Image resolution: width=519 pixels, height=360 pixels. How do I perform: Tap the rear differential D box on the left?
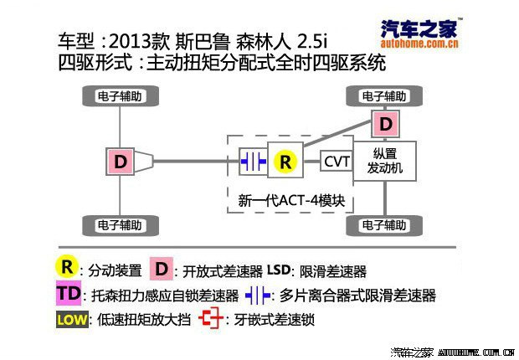121,162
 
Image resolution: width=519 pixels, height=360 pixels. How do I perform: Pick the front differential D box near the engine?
385,125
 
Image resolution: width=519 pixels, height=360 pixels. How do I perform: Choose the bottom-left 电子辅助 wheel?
120,225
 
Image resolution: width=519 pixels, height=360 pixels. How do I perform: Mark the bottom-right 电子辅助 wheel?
385,225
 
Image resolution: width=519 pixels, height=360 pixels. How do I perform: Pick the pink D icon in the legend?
162,270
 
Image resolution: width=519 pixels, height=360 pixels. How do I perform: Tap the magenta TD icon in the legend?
69,295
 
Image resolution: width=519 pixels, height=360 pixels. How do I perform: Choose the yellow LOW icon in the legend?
69,320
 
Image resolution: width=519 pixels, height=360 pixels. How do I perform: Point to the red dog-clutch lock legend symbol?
213,320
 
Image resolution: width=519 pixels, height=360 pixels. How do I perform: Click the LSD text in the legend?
280,270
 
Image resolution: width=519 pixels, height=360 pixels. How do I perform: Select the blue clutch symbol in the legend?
260,296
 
